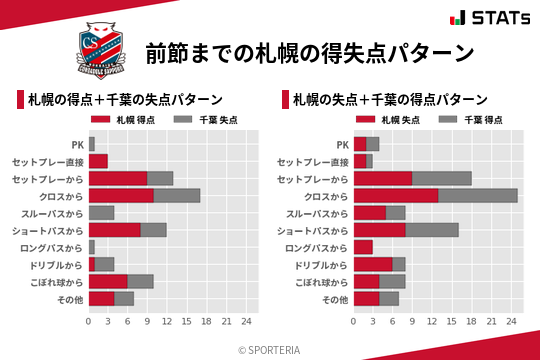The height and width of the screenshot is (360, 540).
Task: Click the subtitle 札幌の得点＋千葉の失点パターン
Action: pyautogui.click(x=124, y=99)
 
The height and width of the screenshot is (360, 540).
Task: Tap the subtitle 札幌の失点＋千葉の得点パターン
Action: pyautogui.click(x=390, y=99)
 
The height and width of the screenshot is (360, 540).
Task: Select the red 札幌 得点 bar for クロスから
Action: pyautogui.click(x=121, y=195)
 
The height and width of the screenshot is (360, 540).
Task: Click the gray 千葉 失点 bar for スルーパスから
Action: pyautogui.click(x=102, y=212)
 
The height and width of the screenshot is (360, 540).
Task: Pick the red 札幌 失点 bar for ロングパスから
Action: pyautogui.click(x=363, y=246)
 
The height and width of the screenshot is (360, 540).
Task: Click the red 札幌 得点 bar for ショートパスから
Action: pyautogui.click(x=115, y=229)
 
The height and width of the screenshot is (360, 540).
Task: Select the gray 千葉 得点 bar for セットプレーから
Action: pyautogui.click(x=442, y=178)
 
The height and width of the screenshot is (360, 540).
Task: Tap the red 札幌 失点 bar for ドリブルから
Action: pyautogui.click(x=373, y=263)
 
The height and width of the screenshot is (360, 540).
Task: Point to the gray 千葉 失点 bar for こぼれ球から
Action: pyautogui.click(x=141, y=281)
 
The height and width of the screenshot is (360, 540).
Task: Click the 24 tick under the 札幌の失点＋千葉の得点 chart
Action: pyautogui.click(x=511, y=321)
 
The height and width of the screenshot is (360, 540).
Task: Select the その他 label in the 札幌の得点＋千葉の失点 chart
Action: pyautogui.click(x=67, y=298)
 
